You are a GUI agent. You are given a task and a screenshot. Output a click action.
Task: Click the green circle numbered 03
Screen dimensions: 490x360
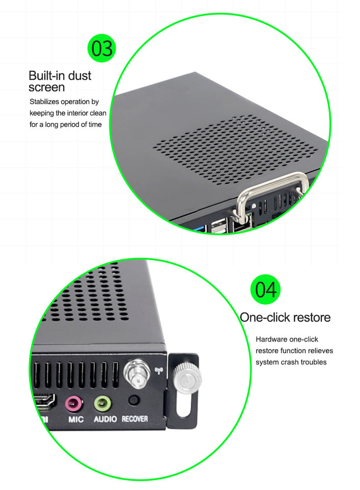pyautogui.click(x=101, y=48)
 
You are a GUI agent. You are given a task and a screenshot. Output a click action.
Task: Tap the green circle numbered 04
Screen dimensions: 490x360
pyautogui.click(x=265, y=289)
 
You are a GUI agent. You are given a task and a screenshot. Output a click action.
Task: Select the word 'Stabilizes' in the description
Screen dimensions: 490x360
pyautogui.click(x=45, y=102)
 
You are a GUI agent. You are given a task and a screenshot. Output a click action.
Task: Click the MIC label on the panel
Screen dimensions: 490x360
pyautogui.click(x=75, y=420)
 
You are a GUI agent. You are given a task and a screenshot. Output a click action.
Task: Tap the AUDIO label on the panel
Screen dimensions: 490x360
pyautogui.click(x=105, y=420)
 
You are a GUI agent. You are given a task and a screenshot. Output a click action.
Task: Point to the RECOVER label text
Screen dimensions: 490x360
pyautogui.click(x=135, y=419)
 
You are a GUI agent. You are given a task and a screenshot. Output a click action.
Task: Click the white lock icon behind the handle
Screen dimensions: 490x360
pyautogui.click(x=253, y=206)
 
